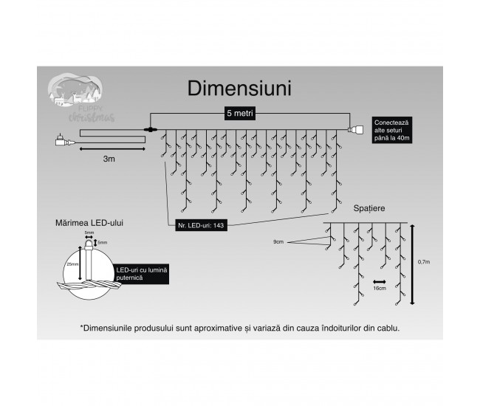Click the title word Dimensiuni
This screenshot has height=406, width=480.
click(239, 89)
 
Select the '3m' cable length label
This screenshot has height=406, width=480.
click(109, 158)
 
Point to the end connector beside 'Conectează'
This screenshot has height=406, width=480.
click(356, 130)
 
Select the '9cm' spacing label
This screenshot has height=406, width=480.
click(278, 241)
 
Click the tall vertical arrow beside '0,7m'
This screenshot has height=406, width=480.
click(411, 264)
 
